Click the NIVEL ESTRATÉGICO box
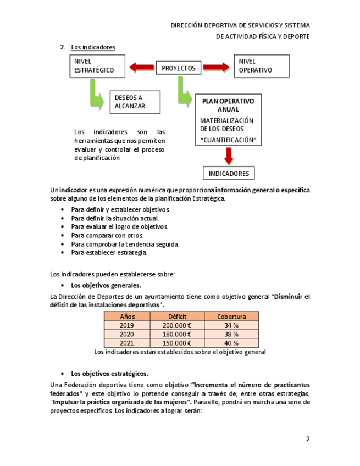(x=97, y=66)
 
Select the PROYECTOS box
(x=179, y=69)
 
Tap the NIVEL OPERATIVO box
(x=261, y=66)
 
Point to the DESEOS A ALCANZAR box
(x=135, y=102)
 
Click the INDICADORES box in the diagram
(x=229, y=174)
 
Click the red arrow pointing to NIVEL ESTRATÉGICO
(x=142, y=68)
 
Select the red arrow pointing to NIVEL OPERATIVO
(x=215, y=68)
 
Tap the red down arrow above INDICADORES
(x=229, y=156)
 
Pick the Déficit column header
(x=178, y=317)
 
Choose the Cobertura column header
(x=231, y=317)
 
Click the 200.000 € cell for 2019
(x=178, y=325)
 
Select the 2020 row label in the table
(x=127, y=334)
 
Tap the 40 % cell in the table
(x=231, y=343)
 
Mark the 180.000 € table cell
(x=178, y=334)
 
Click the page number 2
(x=308, y=439)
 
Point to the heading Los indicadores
(x=93, y=47)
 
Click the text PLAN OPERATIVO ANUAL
(x=228, y=106)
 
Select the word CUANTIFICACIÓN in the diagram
(x=228, y=140)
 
